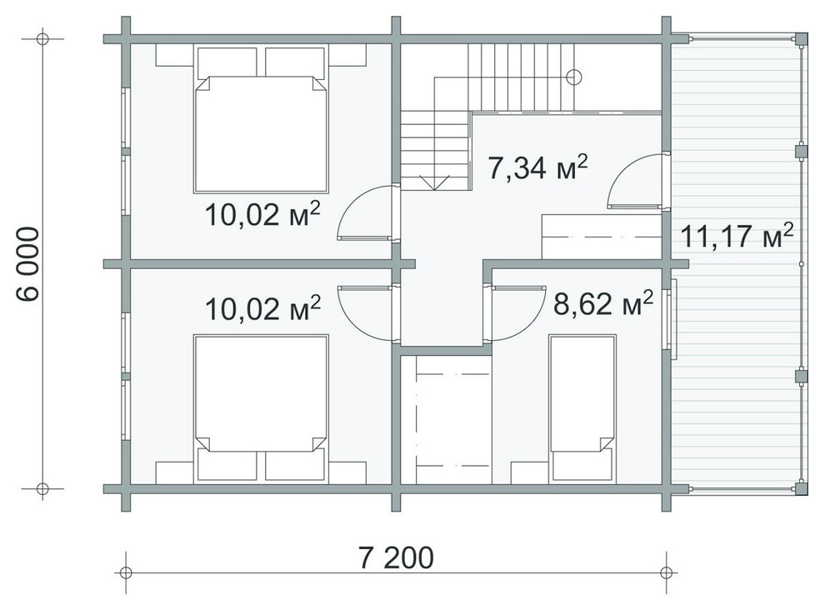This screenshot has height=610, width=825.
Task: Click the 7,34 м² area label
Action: coord(537,167)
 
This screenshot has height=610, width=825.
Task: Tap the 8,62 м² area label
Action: coord(603,303)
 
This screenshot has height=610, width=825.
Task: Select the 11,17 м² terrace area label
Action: coord(737,235)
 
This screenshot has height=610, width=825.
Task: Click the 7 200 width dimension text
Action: coord(396,557)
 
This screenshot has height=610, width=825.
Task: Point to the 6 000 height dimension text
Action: coord(27,264)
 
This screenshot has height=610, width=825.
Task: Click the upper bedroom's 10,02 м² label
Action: coord(262,213)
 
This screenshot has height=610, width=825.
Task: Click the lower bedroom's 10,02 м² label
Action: coord(262,307)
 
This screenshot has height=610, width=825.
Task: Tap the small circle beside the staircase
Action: coord(574,77)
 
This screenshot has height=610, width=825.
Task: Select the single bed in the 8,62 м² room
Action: coord(582,408)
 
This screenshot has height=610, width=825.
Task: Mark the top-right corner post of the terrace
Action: coord(801,39)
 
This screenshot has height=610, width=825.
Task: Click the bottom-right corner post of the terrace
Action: coord(801,488)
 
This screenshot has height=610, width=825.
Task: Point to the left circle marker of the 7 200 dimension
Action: coord(125,572)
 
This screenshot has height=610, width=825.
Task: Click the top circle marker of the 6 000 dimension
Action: coord(42,39)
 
